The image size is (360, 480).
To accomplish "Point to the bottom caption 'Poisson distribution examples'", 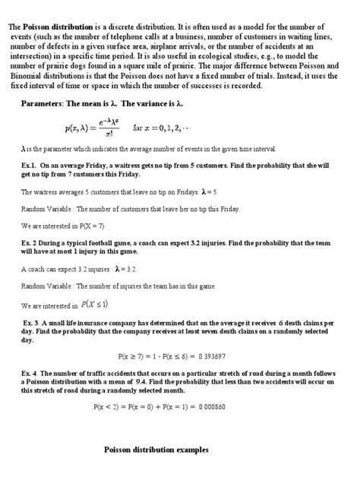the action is point(156,450).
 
